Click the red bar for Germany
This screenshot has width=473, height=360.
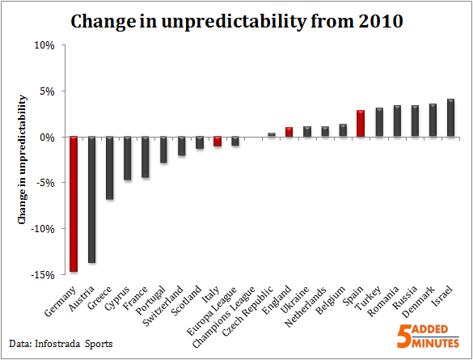coord(73,204)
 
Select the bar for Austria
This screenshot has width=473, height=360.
coord(91,199)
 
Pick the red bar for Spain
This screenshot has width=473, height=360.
coord(361,124)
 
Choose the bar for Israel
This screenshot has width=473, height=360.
coord(450,118)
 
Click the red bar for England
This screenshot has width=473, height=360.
coord(289,132)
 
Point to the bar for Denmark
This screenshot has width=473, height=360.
coord(433,121)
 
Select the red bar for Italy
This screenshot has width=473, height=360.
coord(217,142)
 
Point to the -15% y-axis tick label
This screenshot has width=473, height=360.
coord(40,275)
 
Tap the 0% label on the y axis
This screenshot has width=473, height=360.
coord(46,138)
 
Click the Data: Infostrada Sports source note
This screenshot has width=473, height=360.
coord(61,345)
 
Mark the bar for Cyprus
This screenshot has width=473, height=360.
coord(127,158)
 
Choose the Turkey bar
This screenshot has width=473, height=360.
coord(378,122)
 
